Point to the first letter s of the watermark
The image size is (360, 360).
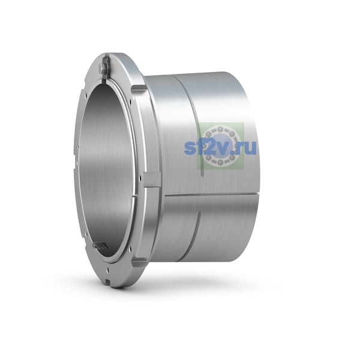coord(190,148)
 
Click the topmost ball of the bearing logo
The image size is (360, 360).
coord(220,128)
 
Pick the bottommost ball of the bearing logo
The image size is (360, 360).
coord(220,163)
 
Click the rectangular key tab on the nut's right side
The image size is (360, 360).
coord(152,180)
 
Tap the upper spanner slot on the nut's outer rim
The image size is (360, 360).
coord(139,89)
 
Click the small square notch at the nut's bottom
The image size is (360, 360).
coord(108,280)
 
